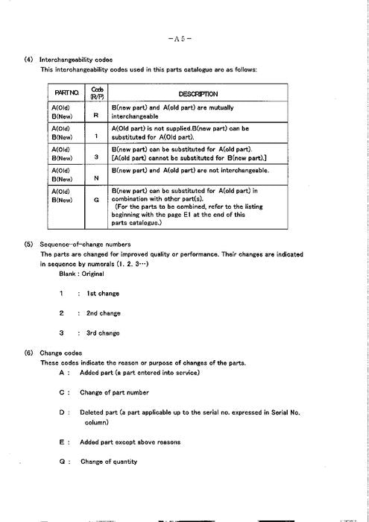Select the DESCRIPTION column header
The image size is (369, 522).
[198, 94]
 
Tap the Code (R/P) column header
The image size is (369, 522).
[96, 93]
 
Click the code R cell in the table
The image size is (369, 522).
[96, 116]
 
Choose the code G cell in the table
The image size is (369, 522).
[96, 201]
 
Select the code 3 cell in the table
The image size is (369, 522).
[96, 157]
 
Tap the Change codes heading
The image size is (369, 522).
[61, 353]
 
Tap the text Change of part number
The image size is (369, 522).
[114, 392]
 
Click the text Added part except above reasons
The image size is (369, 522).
[130, 442]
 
